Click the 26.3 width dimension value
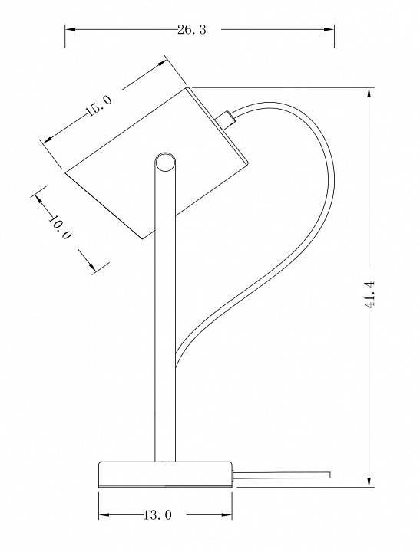[191, 30]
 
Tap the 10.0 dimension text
[60, 227]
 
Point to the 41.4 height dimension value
[369, 294]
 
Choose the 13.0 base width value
[157, 515]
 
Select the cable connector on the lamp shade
[226, 120]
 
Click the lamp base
[165, 475]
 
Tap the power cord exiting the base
[282, 475]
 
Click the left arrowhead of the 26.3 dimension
[70, 30]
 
